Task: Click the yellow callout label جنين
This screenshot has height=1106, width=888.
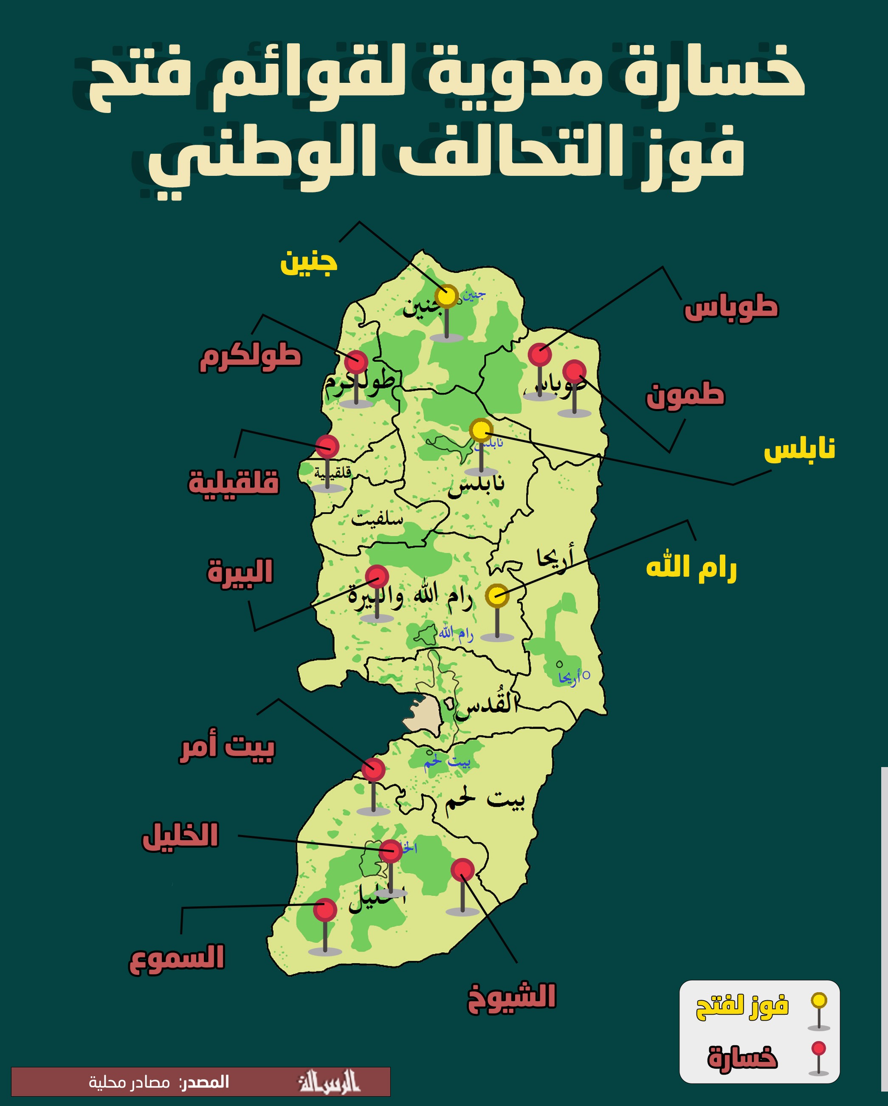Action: (x=309, y=262)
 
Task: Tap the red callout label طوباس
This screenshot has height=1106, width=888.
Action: (x=730, y=308)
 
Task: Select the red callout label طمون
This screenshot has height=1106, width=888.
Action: (x=685, y=395)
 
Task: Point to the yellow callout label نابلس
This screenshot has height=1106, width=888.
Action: (x=799, y=449)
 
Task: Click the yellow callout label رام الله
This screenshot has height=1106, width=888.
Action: (x=691, y=567)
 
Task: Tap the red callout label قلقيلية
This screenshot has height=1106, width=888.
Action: (x=234, y=482)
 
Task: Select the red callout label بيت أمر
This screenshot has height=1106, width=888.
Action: (x=227, y=746)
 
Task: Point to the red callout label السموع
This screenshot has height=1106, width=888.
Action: (x=177, y=957)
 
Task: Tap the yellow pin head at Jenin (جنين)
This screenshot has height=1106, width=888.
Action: (x=446, y=296)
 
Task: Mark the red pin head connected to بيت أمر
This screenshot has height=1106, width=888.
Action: (x=373, y=770)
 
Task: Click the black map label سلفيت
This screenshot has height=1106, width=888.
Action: (x=377, y=519)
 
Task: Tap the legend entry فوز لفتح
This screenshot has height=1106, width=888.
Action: (x=742, y=1007)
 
